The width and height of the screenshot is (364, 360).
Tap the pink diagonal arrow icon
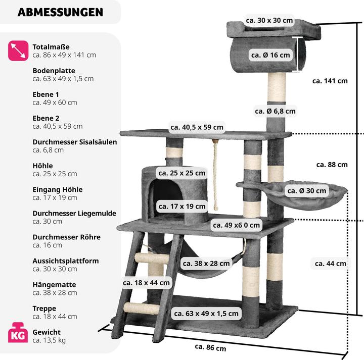[x=18, y=51]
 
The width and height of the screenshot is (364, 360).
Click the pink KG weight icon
[x=18, y=334]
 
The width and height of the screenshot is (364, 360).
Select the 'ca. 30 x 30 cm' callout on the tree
[x=269, y=21]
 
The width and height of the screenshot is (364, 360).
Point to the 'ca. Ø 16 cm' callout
[x=270, y=55]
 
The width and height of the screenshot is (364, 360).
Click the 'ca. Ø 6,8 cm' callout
[x=275, y=111]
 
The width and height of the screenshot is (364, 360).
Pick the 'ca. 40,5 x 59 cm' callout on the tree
[x=197, y=127]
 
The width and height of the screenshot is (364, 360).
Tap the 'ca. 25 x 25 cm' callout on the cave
[x=182, y=173]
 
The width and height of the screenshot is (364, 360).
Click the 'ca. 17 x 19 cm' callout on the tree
[x=182, y=206]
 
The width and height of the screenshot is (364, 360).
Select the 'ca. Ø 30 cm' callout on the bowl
[x=307, y=190]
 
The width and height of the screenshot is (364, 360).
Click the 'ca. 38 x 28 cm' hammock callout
[x=206, y=263]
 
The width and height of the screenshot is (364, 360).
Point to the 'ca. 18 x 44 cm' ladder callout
[x=146, y=283]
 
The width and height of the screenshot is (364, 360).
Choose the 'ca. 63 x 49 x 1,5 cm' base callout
[x=206, y=314]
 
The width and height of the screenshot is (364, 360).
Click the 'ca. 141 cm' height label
[x=330, y=81]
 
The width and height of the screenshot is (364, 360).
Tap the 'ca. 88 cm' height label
[x=332, y=165]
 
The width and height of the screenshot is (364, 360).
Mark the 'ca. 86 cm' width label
[x=210, y=347]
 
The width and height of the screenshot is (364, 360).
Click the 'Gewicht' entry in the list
[x=47, y=332]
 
